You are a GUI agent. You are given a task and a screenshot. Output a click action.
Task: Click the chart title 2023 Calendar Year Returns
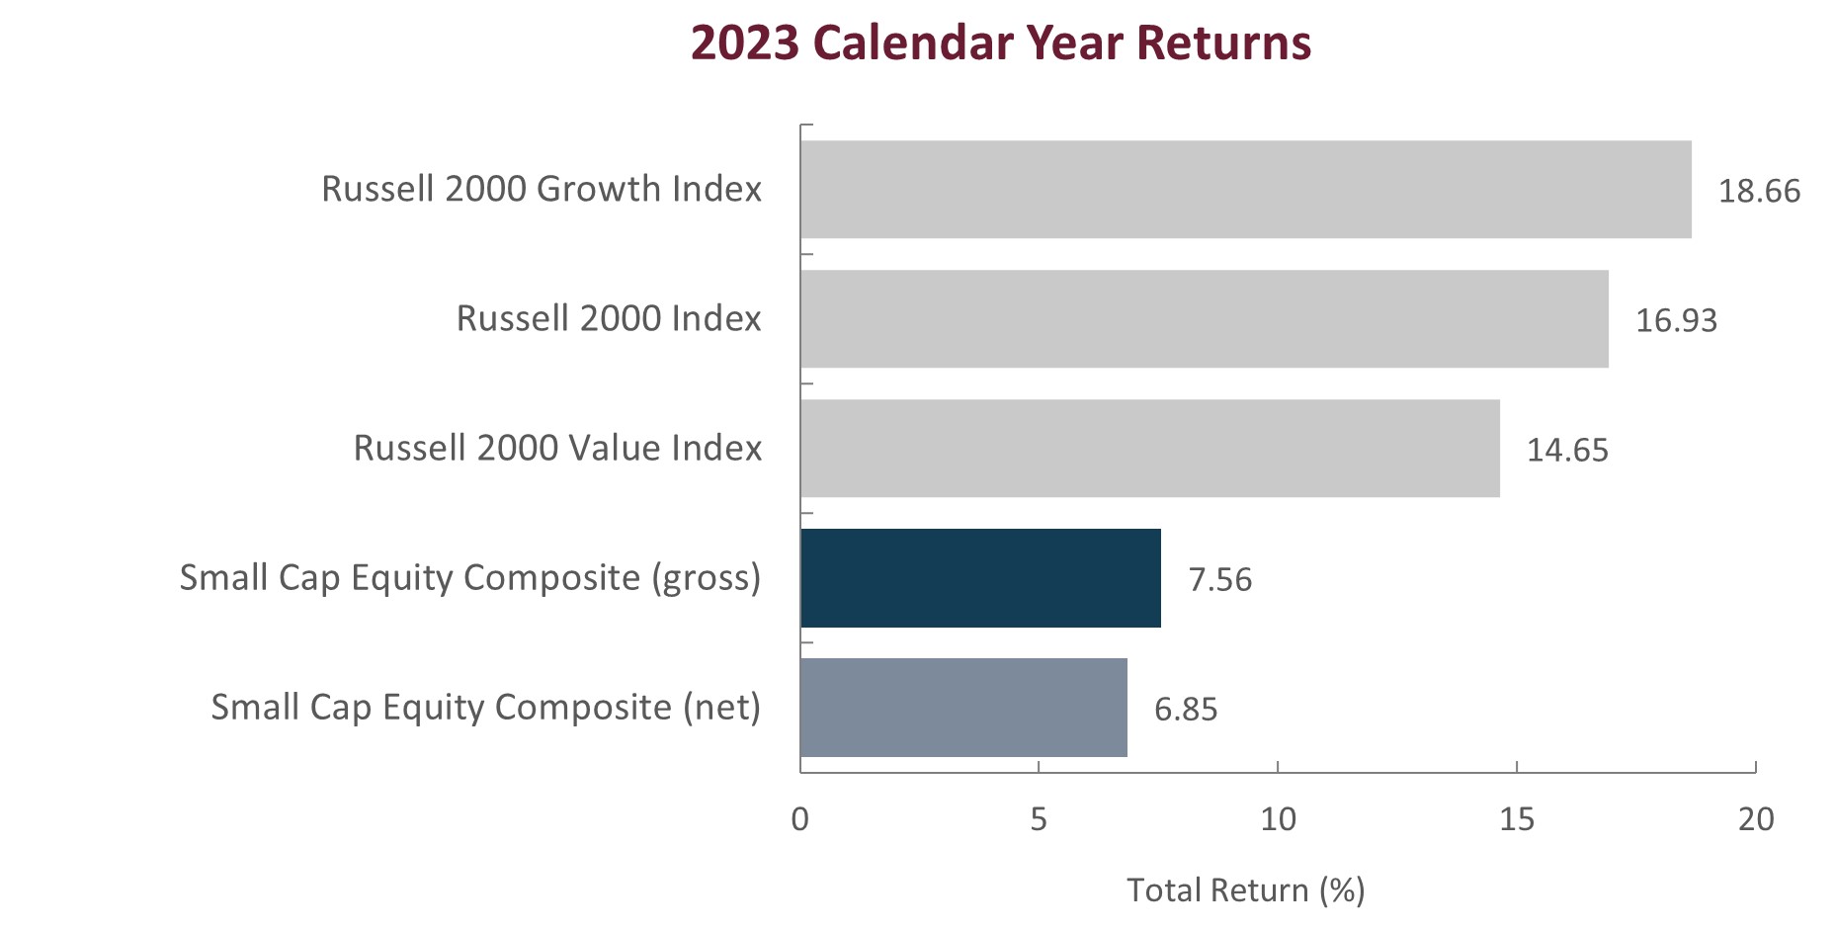pyautogui.click(x=1000, y=43)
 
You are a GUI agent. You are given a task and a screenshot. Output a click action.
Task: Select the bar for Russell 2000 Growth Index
pyautogui.click(x=1245, y=190)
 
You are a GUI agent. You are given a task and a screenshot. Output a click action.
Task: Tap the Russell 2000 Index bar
pyautogui.click(x=1204, y=319)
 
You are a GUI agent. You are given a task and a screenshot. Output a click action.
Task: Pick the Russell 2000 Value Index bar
pyautogui.click(x=1149, y=449)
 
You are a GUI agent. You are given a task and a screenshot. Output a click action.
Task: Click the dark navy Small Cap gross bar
pyautogui.click(x=980, y=578)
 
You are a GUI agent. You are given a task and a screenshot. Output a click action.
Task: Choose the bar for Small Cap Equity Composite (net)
pyautogui.click(x=963, y=708)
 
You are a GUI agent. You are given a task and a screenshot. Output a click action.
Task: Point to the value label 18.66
pyautogui.click(x=1759, y=191)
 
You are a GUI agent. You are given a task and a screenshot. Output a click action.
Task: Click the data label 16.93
pyautogui.click(x=1676, y=320)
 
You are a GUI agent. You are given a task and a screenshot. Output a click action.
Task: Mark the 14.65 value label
pyautogui.click(x=1567, y=450)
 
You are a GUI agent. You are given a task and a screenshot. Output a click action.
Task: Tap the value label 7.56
pyautogui.click(x=1219, y=579)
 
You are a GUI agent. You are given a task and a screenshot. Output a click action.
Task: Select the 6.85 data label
pyautogui.click(x=1186, y=709)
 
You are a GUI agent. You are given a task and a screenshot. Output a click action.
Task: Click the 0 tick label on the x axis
pyautogui.click(x=800, y=819)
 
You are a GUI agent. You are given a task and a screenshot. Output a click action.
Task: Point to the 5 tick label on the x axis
pyautogui.click(x=1039, y=819)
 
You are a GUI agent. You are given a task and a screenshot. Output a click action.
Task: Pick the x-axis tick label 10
pyautogui.click(x=1278, y=819)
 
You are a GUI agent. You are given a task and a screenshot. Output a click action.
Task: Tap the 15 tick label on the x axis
pyautogui.click(x=1517, y=819)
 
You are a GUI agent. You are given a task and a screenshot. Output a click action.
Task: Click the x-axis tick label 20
pyautogui.click(x=1756, y=819)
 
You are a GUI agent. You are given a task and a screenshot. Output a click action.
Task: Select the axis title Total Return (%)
pyautogui.click(x=1245, y=890)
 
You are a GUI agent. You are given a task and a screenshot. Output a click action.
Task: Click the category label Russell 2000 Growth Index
pyautogui.click(x=542, y=189)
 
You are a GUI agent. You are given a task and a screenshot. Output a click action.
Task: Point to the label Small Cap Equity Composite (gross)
pyautogui.click(x=470, y=578)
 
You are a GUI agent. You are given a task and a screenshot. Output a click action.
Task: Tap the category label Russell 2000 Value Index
pyautogui.click(x=557, y=448)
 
